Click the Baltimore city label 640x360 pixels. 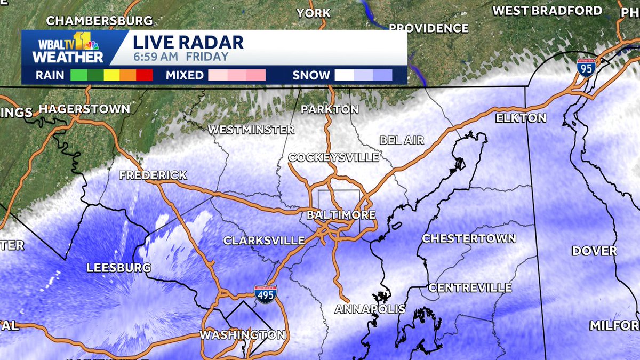pos(341,215)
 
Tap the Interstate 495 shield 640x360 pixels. pos(265,294)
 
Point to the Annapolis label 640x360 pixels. pos(370,309)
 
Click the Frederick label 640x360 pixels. pos(153,175)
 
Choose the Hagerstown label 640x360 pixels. pos(84,109)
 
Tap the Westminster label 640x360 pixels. pos(251,129)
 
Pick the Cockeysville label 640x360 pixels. pos(333,157)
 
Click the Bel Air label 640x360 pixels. pos(402,140)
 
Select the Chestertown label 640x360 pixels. pos(469,238)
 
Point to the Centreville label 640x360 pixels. pos(470,287)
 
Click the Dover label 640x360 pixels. pos(594,251)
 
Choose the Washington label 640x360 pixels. pos(242,335)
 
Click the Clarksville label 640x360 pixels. pos(263,241)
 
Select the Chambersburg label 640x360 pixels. pos(99,21)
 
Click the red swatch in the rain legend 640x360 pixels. pos(145,75)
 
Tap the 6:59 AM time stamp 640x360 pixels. pos(151,57)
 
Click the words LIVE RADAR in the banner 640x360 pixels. pos(188,42)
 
